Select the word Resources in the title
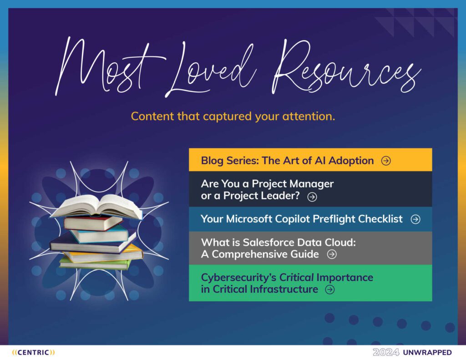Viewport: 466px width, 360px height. pyautogui.click(x=346, y=67)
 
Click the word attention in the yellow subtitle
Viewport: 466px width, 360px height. pyautogui.click(x=309, y=116)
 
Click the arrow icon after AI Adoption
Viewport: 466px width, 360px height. pyautogui.click(x=386, y=161)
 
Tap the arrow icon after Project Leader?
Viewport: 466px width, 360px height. pyautogui.click(x=312, y=197)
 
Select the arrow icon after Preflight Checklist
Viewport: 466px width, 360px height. pyautogui.click(x=415, y=219)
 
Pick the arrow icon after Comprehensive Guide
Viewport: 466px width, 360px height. pyautogui.click(x=332, y=254)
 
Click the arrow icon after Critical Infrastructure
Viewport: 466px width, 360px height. pyautogui.click(x=330, y=289)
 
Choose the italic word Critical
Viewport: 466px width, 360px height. pyautogui.click(x=296, y=277)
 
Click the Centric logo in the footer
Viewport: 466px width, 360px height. pyautogui.click(x=33, y=353)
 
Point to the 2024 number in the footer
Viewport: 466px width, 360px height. pyautogui.click(x=386, y=353)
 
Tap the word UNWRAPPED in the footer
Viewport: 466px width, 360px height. pyautogui.click(x=427, y=353)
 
